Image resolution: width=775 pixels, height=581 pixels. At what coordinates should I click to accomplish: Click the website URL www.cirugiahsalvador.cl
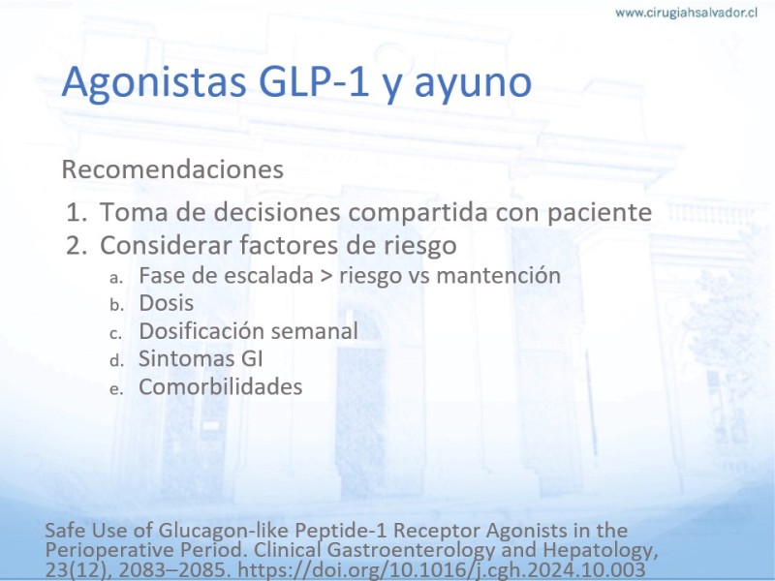(686, 13)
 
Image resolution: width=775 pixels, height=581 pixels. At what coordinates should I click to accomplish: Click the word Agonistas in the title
(154, 81)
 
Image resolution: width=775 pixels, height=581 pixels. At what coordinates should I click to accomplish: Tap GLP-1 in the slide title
(314, 80)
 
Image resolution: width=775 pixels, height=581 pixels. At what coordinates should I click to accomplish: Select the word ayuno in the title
(473, 84)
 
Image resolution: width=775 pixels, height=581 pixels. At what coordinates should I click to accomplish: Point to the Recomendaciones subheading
(172, 169)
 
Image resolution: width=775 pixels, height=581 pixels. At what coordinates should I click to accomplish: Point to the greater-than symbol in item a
(326, 276)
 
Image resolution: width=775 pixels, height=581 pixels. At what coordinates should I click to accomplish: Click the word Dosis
(166, 303)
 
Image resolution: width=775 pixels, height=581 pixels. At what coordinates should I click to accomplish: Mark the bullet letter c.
(115, 333)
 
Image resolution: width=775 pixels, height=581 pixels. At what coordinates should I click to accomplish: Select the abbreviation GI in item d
(252, 358)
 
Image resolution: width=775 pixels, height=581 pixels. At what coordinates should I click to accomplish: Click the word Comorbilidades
(221, 386)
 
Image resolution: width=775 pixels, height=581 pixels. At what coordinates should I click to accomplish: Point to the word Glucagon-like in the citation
(225, 531)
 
